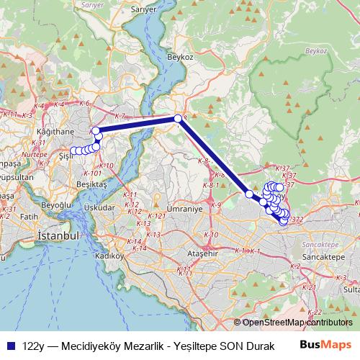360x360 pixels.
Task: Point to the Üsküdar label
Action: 99,207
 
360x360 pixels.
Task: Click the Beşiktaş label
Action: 91,184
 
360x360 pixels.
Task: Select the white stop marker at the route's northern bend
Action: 178,118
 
